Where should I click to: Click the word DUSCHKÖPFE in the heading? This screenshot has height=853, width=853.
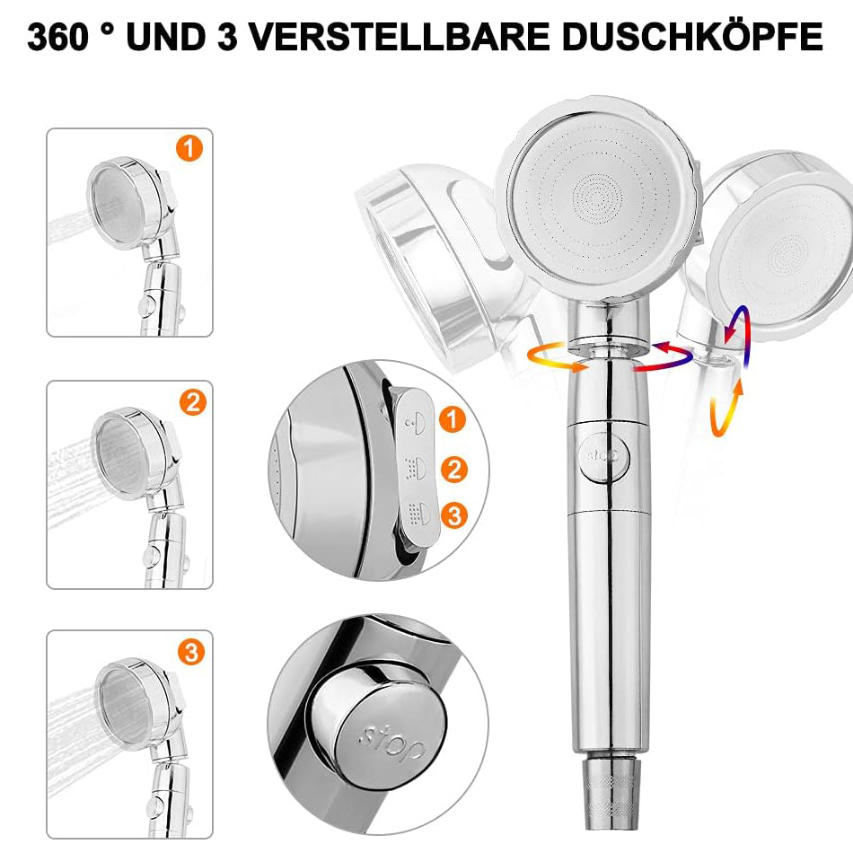click(x=692, y=36)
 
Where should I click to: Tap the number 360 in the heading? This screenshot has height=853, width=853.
click(x=57, y=37)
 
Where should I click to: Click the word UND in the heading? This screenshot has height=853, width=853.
click(x=166, y=37)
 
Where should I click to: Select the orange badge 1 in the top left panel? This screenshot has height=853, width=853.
click(x=189, y=149)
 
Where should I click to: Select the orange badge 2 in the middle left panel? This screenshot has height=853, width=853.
click(x=193, y=402)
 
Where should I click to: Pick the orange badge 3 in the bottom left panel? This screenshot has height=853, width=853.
click(x=191, y=652)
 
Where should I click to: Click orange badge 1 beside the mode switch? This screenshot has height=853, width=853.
click(x=452, y=419)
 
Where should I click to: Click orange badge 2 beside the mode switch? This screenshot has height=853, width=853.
click(x=454, y=470)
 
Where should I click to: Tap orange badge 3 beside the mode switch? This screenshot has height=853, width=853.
click(x=454, y=515)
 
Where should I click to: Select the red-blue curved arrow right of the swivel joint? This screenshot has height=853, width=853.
click(x=664, y=356)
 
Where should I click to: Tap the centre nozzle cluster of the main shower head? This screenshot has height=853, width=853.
click(x=598, y=198)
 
